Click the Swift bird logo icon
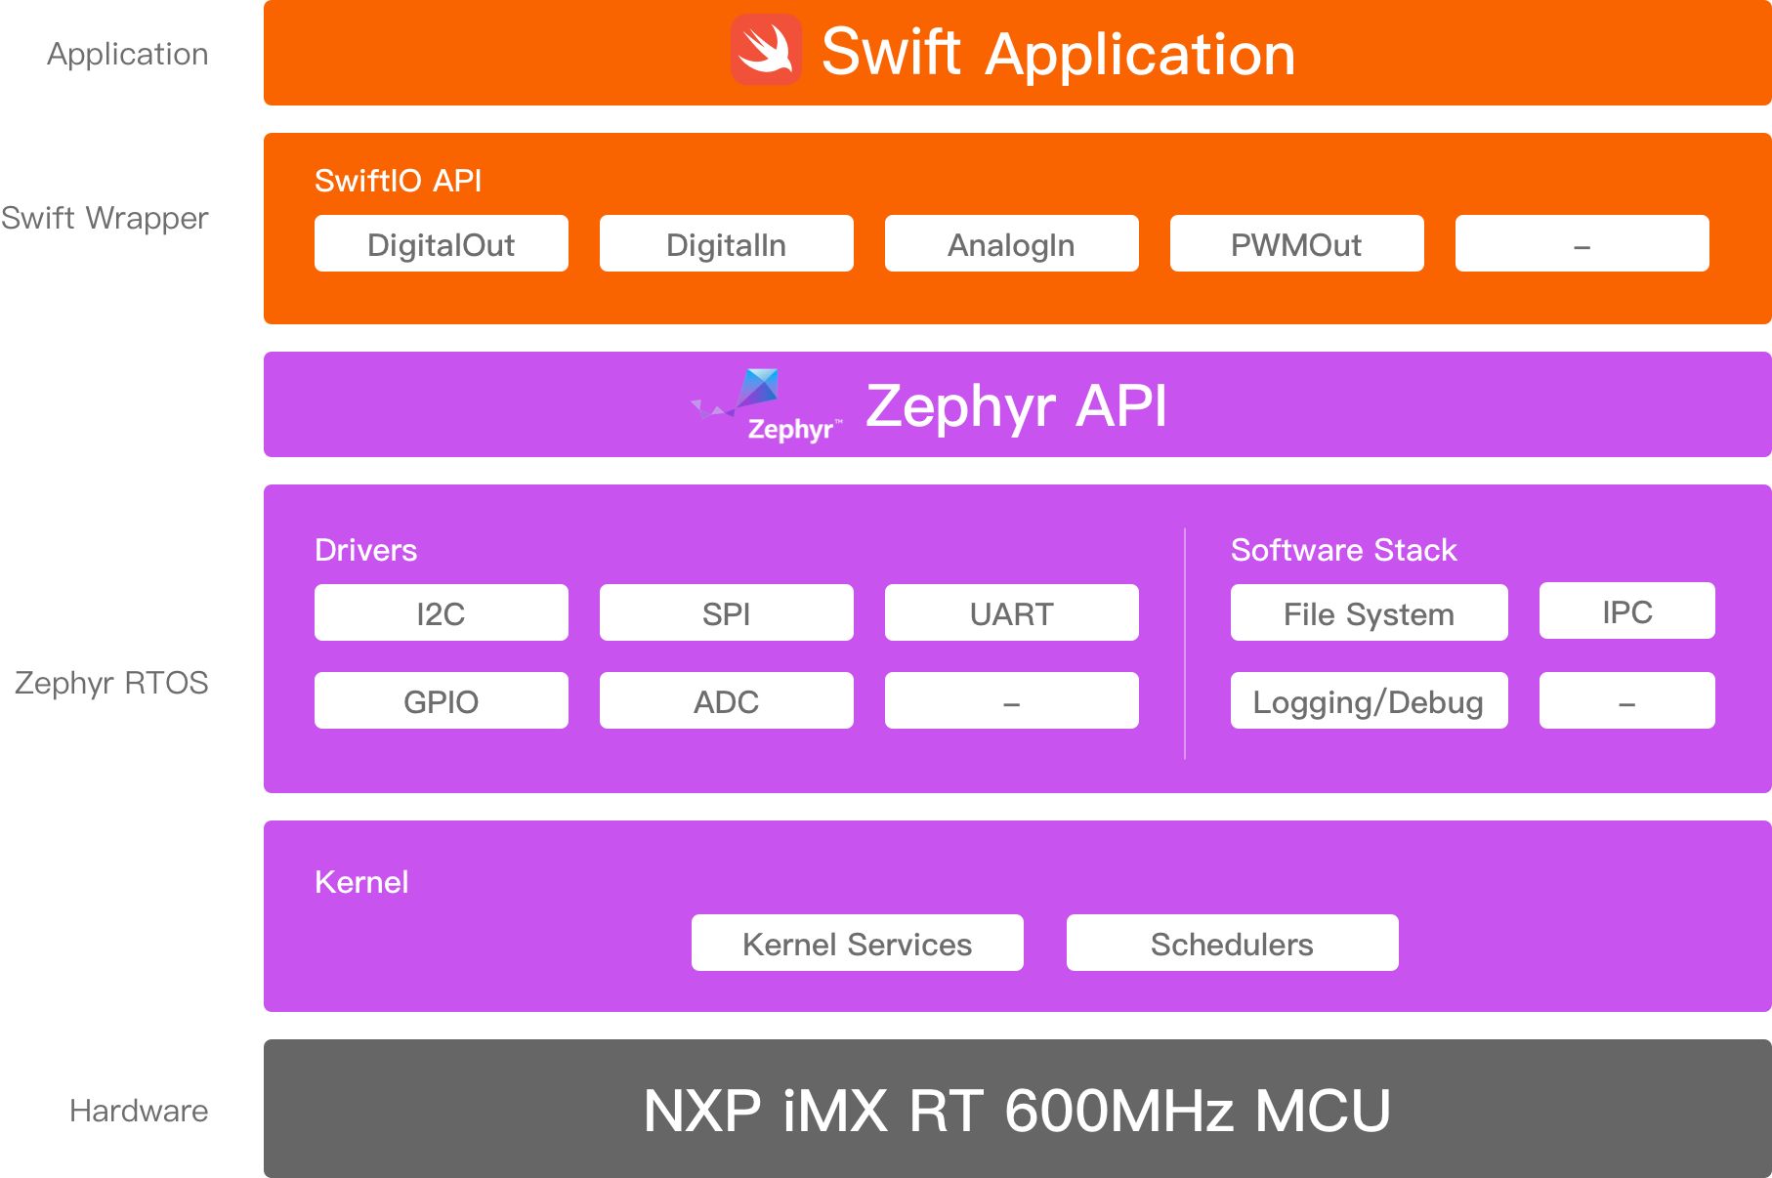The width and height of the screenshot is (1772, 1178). coord(767,49)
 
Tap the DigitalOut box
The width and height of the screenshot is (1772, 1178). coord(442,243)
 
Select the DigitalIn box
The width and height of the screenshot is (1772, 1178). coord(727,243)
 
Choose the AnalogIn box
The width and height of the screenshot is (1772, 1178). coord(1012,243)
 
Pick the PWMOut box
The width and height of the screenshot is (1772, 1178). coord(1297,243)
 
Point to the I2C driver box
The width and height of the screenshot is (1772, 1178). coord(442,612)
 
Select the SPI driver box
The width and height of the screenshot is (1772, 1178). coord(727,612)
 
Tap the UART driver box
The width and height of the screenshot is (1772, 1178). coord(1012,612)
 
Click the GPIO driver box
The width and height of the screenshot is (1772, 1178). coord(442,700)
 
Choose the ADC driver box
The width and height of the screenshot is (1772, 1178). coord(727,700)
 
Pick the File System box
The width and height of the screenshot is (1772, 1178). coord(1370,612)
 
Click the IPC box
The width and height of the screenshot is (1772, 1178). coord(1627,610)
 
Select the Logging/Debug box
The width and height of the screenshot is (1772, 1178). coord(1370,700)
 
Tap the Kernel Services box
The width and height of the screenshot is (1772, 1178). coord(858,943)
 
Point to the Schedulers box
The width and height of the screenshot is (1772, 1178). coord(1233,943)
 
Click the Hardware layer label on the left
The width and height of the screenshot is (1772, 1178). coord(139,1111)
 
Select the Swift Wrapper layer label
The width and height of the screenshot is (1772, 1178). coord(105,218)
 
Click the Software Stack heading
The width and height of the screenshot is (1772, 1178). coord(1344,550)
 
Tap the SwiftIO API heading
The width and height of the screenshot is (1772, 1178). coord(399,181)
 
